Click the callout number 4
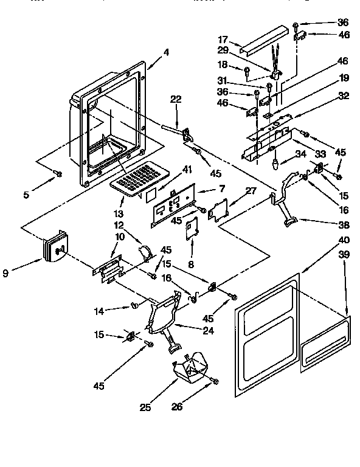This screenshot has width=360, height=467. (165, 52)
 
